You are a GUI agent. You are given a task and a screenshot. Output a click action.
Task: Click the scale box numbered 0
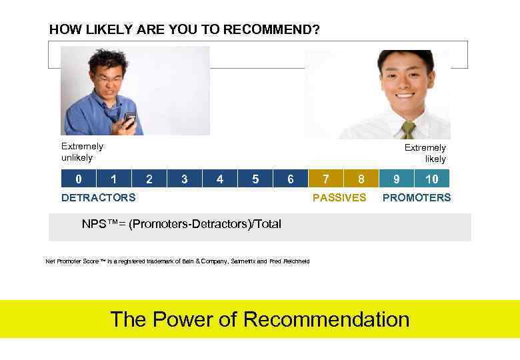click(79, 179)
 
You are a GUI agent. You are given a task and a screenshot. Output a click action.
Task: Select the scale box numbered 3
click(185, 179)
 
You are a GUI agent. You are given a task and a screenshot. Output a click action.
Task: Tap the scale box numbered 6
click(290, 179)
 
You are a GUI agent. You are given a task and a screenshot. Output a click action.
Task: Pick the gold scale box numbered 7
click(325, 179)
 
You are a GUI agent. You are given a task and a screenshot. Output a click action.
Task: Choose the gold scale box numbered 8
click(361, 179)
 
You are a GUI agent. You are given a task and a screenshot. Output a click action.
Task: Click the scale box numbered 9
click(397, 179)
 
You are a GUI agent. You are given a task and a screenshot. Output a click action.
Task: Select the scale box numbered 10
click(432, 179)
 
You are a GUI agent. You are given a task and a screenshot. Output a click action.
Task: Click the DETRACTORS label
click(98, 197)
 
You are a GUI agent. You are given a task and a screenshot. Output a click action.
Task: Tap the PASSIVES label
click(339, 197)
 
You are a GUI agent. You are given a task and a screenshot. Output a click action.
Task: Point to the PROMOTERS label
click(416, 197)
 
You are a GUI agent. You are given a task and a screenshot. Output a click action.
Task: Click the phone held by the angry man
click(129, 120)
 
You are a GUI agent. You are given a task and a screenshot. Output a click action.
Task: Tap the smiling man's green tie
click(408, 129)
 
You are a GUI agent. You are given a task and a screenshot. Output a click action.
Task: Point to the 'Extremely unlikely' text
click(82, 152)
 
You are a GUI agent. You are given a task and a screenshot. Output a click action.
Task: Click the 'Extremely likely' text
click(425, 153)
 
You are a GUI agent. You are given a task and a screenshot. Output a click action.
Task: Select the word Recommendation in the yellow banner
click(326, 319)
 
